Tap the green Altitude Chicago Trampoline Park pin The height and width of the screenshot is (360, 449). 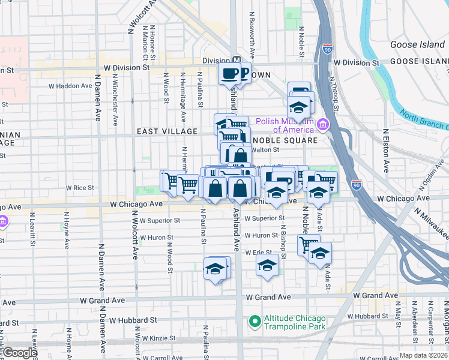click(255, 322)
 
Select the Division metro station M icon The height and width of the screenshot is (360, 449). click(237, 61)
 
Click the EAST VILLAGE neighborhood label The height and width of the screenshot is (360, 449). click(167, 131)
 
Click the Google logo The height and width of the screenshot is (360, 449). click(19, 353)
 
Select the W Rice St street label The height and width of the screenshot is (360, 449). click(80, 188)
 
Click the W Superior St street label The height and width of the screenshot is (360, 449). click(160, 220)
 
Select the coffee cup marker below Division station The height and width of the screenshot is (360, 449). click(229, 73)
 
